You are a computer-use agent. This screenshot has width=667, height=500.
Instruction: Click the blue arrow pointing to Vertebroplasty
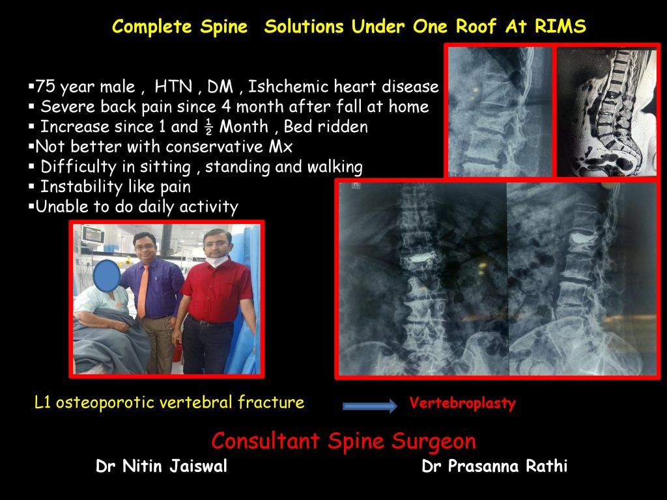pyautogui.click(x=369, y=406)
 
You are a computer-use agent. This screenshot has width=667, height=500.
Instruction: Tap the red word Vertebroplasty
pyautogui.click(x=462, y=403)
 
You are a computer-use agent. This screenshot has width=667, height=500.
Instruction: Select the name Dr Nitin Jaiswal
pyautogui.click(x=162, y=467)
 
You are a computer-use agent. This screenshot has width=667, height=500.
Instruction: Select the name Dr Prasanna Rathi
pyautogui.click(x=494, y=467)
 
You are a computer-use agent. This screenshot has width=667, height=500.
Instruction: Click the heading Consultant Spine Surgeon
pyautogui.click(x=343, y=441)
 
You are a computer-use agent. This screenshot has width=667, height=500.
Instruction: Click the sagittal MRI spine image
pyautogui.click(x=606, y=111)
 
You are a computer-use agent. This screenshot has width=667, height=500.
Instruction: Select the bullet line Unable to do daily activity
pyautogui.click(x=137, y=207)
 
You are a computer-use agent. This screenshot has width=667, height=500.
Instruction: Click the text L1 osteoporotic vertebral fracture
pyautogui.click(x=169, y=402)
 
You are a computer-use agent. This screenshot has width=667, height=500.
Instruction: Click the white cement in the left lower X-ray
pyautogui.click(x=418, y=257)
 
